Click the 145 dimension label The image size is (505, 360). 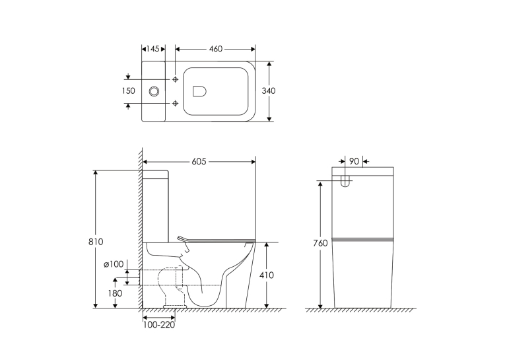pos(152,49)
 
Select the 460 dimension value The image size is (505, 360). pos(215,49)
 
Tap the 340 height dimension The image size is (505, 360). pos(268,91)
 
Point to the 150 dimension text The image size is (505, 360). pos(128,91)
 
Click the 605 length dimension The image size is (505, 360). pos(199,161)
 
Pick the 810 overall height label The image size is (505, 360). pos(96,242)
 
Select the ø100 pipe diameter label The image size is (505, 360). pos(114,264)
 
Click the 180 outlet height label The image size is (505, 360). pos(116,293)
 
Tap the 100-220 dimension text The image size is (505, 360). pos(159,325)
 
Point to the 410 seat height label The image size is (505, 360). pos(267,275)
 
